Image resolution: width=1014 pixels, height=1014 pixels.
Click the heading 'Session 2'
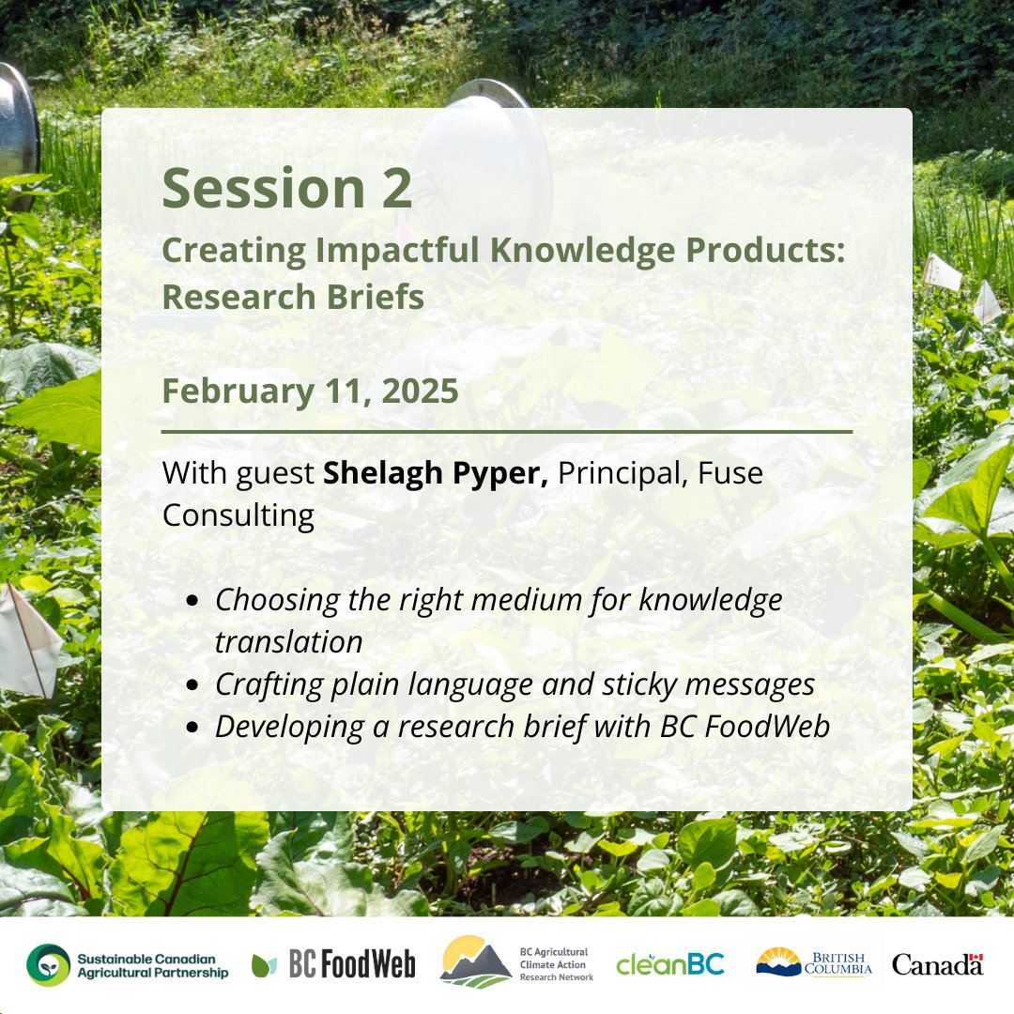[x=286, y=188]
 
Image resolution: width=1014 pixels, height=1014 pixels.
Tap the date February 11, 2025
[x=310, y=391]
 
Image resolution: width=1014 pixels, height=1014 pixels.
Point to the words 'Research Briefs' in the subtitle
[x=293, y=297]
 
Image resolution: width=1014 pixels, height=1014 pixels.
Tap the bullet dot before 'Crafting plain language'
[x=192, y=686]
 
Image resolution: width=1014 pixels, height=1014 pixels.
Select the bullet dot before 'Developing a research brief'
[x=192, y=729]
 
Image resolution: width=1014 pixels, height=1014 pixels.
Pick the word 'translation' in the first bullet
[x=288, y=643]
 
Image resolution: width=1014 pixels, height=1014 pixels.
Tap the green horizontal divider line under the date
[x=507, y=432]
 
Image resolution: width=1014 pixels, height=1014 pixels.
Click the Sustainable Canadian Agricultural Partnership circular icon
[x=48, y=965]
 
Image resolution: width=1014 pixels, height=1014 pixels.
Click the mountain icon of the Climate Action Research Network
[x=476, y=962]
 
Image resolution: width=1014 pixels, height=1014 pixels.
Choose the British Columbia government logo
[x=814, y=962]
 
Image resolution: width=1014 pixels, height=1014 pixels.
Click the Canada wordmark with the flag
[x=937, y=964]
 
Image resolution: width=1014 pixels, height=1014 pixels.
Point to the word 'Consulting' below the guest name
[x=238, y=515]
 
